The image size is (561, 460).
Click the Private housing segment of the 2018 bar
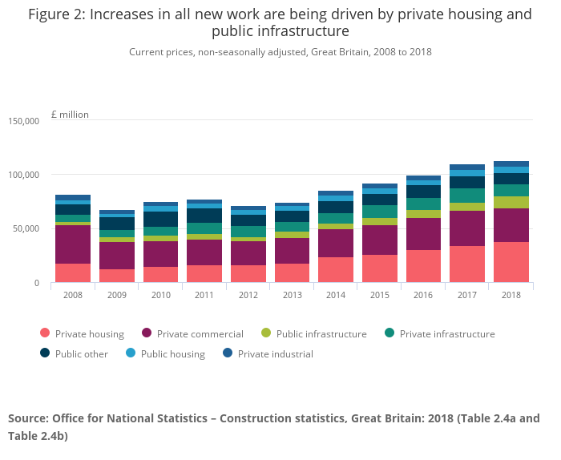[511, 262]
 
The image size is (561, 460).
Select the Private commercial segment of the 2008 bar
[73, 244]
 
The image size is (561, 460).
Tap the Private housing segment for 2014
[336, 269]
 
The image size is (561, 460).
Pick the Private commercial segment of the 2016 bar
[423, 234]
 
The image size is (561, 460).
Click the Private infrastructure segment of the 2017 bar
[467, 196]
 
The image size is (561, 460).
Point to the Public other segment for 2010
[160, 219]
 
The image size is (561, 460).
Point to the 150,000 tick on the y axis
[24, 121]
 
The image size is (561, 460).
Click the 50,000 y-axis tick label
[26, 229]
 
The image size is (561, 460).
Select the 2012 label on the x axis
[248, 295]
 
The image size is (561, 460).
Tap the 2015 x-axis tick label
[379, 295]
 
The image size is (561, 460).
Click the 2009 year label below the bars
[117, 295]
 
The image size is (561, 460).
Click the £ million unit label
[71, 115]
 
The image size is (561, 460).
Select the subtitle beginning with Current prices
[280, 52]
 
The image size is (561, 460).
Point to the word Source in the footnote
[27, 418]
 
